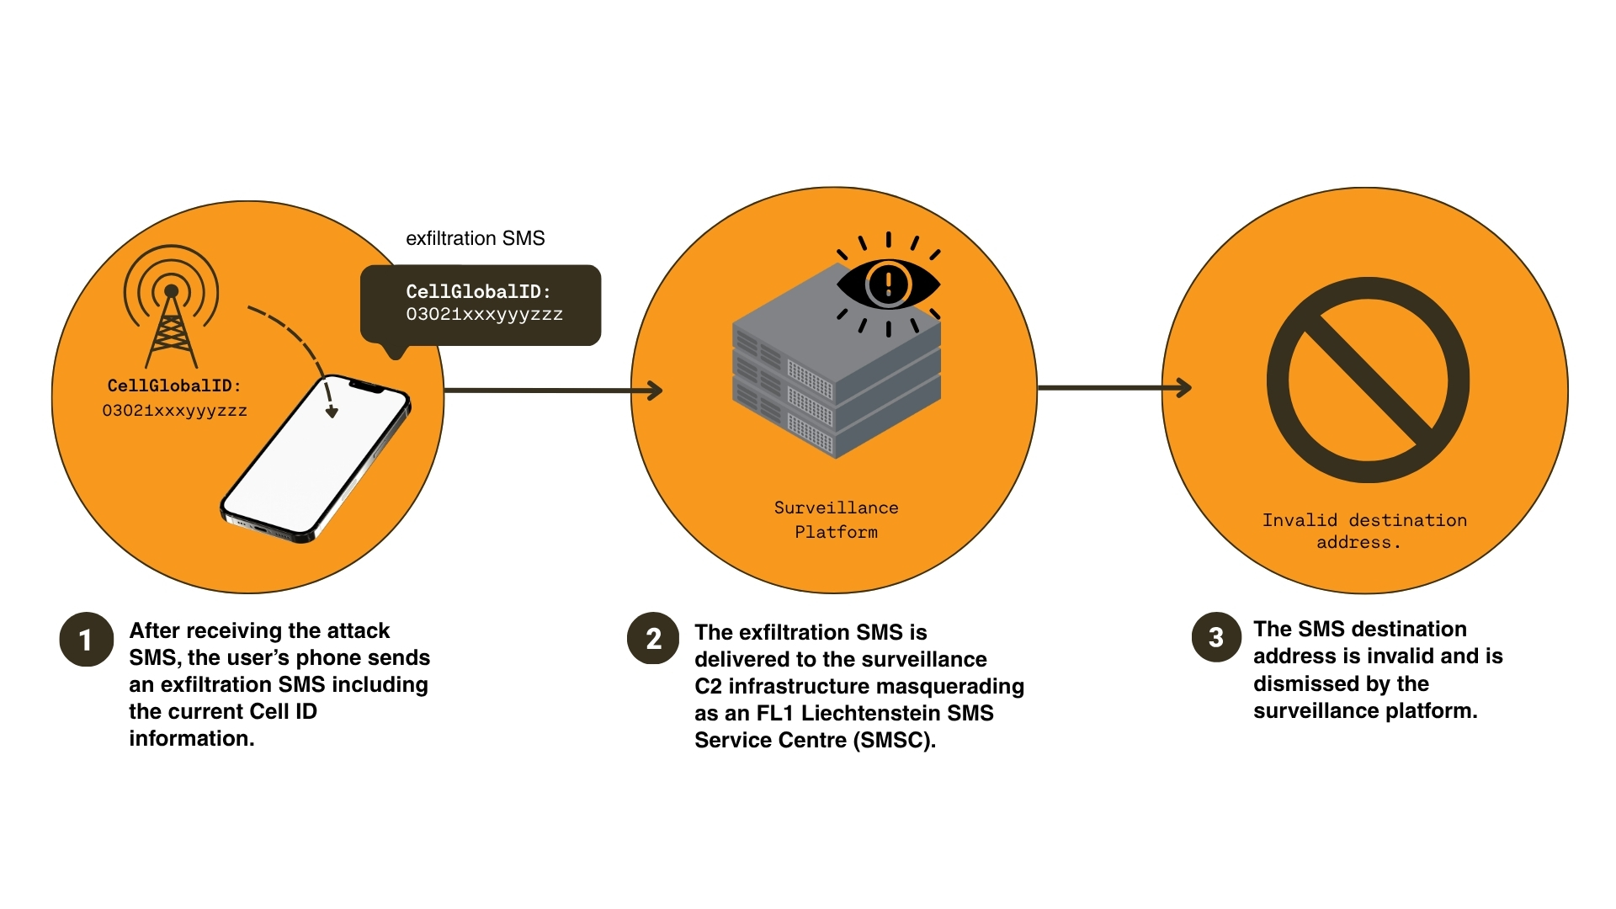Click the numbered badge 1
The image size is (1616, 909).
click(86, 640)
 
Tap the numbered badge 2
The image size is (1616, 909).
click(653, 639)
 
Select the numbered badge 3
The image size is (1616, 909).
click(1216, 637)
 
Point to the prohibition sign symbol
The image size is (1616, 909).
click(1368, 380)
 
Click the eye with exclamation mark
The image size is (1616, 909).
click(888, 284)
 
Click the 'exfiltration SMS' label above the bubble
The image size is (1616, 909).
click(475, 238)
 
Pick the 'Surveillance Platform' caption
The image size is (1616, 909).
click(836, 519)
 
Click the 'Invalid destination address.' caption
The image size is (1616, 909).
click(1363, 531)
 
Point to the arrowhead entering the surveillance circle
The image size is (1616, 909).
click(654, 391)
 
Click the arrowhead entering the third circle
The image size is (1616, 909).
click(1183, 388)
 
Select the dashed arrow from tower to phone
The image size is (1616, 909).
click(295, 341)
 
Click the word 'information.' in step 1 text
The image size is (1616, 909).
click(191, 738)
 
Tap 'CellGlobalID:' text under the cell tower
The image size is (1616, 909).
click(174, 385)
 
